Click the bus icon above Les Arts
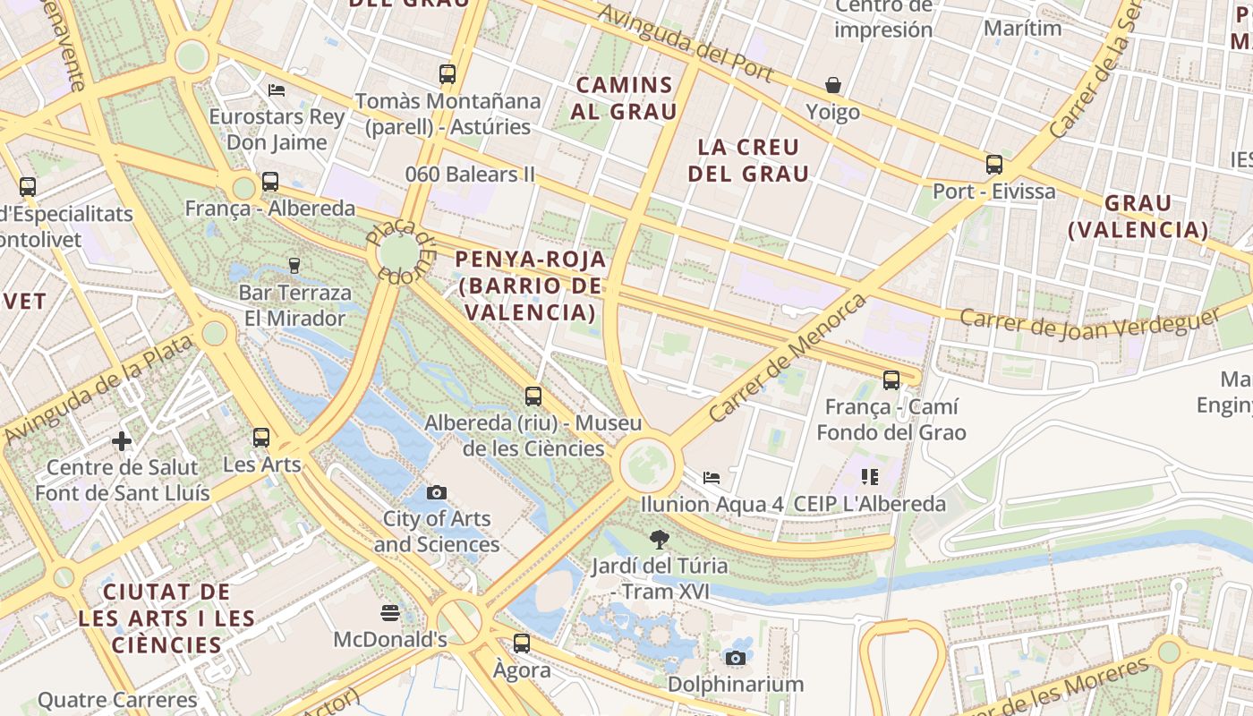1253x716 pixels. tap(261, 438)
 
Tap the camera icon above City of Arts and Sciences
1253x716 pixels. tap(437, 492)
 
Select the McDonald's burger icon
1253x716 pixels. tap(389, 613)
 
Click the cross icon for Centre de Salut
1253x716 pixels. tap(122, 441)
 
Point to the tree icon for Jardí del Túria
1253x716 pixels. tap(660, 539)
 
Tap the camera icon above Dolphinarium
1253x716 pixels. tap(736, 658)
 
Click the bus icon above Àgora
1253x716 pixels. tap(522, 643)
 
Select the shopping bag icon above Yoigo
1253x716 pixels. tap(833, 85)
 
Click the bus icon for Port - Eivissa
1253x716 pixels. tap(994, 164)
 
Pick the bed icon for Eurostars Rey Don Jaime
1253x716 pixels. tap(277, 90)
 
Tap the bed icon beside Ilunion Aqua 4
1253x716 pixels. tap(712, 477)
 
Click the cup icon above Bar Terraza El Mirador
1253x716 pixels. tap(294, 265)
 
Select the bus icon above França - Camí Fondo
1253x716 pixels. tap(891, 379)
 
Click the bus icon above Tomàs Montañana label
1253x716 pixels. tap(447, 74)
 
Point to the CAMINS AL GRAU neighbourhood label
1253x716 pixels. tap(625, 98)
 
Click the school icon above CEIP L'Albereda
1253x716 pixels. tap(869, 476)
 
